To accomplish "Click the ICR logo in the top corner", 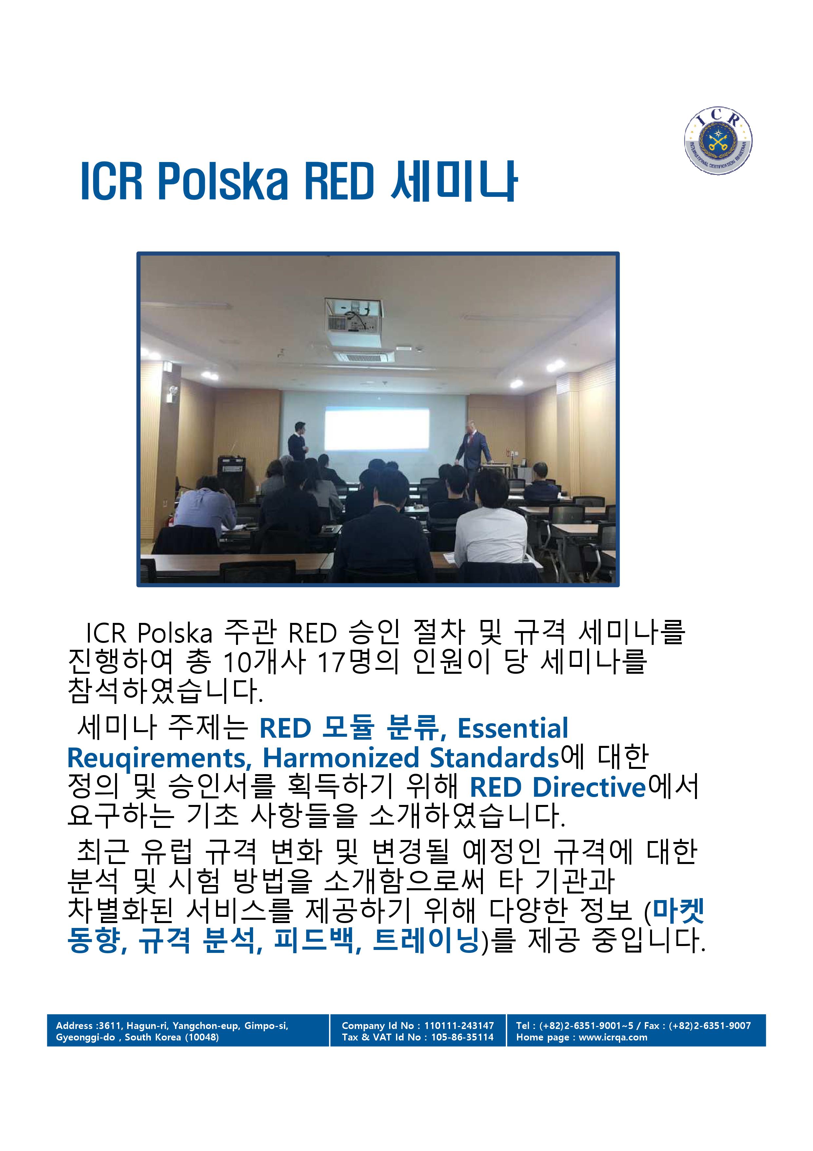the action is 718,141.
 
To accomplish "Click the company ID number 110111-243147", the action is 459,1026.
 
